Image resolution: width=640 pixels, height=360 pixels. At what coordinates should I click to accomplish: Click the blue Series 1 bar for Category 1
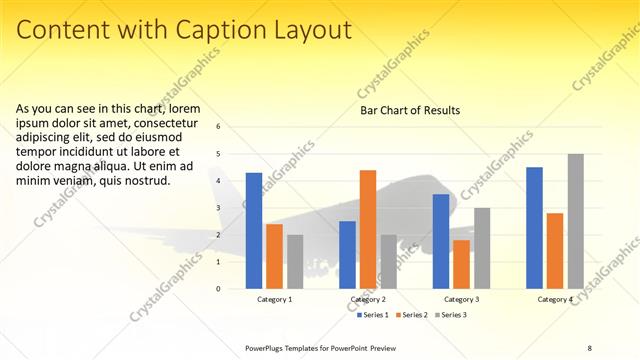click(254, 231)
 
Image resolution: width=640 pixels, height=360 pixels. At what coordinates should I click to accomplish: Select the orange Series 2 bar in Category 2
click(368, 229)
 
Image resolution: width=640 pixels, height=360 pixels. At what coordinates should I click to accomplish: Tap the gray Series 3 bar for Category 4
click(575, 221)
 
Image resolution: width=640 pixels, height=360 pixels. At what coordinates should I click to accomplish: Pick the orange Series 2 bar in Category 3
click(461, 264)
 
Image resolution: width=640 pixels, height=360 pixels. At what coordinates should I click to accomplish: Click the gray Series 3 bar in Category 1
click(295, 262)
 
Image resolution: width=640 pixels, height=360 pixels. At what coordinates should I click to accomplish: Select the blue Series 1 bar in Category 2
click(347, 255)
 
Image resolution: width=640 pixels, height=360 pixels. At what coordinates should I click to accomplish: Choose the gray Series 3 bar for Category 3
click(482, 248)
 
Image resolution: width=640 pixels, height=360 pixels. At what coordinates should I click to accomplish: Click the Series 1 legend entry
click(375, 315)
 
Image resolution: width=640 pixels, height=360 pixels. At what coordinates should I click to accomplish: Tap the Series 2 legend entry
click(413, 315)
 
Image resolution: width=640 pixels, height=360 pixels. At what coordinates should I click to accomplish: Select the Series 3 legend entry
click(451, 315)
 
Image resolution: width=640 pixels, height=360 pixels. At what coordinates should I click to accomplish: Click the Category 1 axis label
click(275, 299)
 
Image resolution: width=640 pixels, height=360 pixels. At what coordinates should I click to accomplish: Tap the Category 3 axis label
click(461, 299)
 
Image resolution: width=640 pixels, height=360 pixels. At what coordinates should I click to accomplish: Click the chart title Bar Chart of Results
click(410, 111)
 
